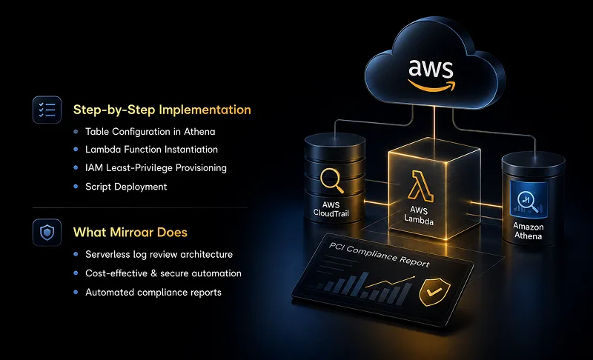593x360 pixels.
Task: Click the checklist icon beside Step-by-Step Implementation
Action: tap(47, 110)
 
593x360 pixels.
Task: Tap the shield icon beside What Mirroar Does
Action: tap(47, 233)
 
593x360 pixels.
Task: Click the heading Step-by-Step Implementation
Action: tap(162, 110)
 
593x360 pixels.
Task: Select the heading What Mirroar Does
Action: tap(130, 232)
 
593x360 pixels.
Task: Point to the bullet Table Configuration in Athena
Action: tap(150, 131)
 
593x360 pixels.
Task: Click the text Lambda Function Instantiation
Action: tap(151, 150)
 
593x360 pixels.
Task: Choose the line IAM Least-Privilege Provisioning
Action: tap(156, 167)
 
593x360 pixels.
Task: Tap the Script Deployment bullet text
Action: tap(126, 187)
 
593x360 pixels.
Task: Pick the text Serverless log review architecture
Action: tap(159, 254)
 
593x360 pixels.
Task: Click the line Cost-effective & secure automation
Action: tap(163, 273)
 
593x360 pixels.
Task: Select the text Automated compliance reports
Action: tap(153, 292)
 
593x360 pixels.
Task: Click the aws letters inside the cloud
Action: tap(431, 68)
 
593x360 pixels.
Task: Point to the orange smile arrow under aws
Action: tap(432, 86)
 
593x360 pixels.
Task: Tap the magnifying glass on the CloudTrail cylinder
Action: tap(331, 181)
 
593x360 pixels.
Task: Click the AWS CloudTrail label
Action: tap(331, 210)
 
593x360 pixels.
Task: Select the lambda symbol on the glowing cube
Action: tap(420, 186)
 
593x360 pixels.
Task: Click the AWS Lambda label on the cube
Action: tap(419, 216)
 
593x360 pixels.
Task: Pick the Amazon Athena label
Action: tap(529, 231)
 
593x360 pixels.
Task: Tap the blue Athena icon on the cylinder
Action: tap(529, 199)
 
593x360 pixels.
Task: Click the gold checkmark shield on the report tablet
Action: tap(434, 292)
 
